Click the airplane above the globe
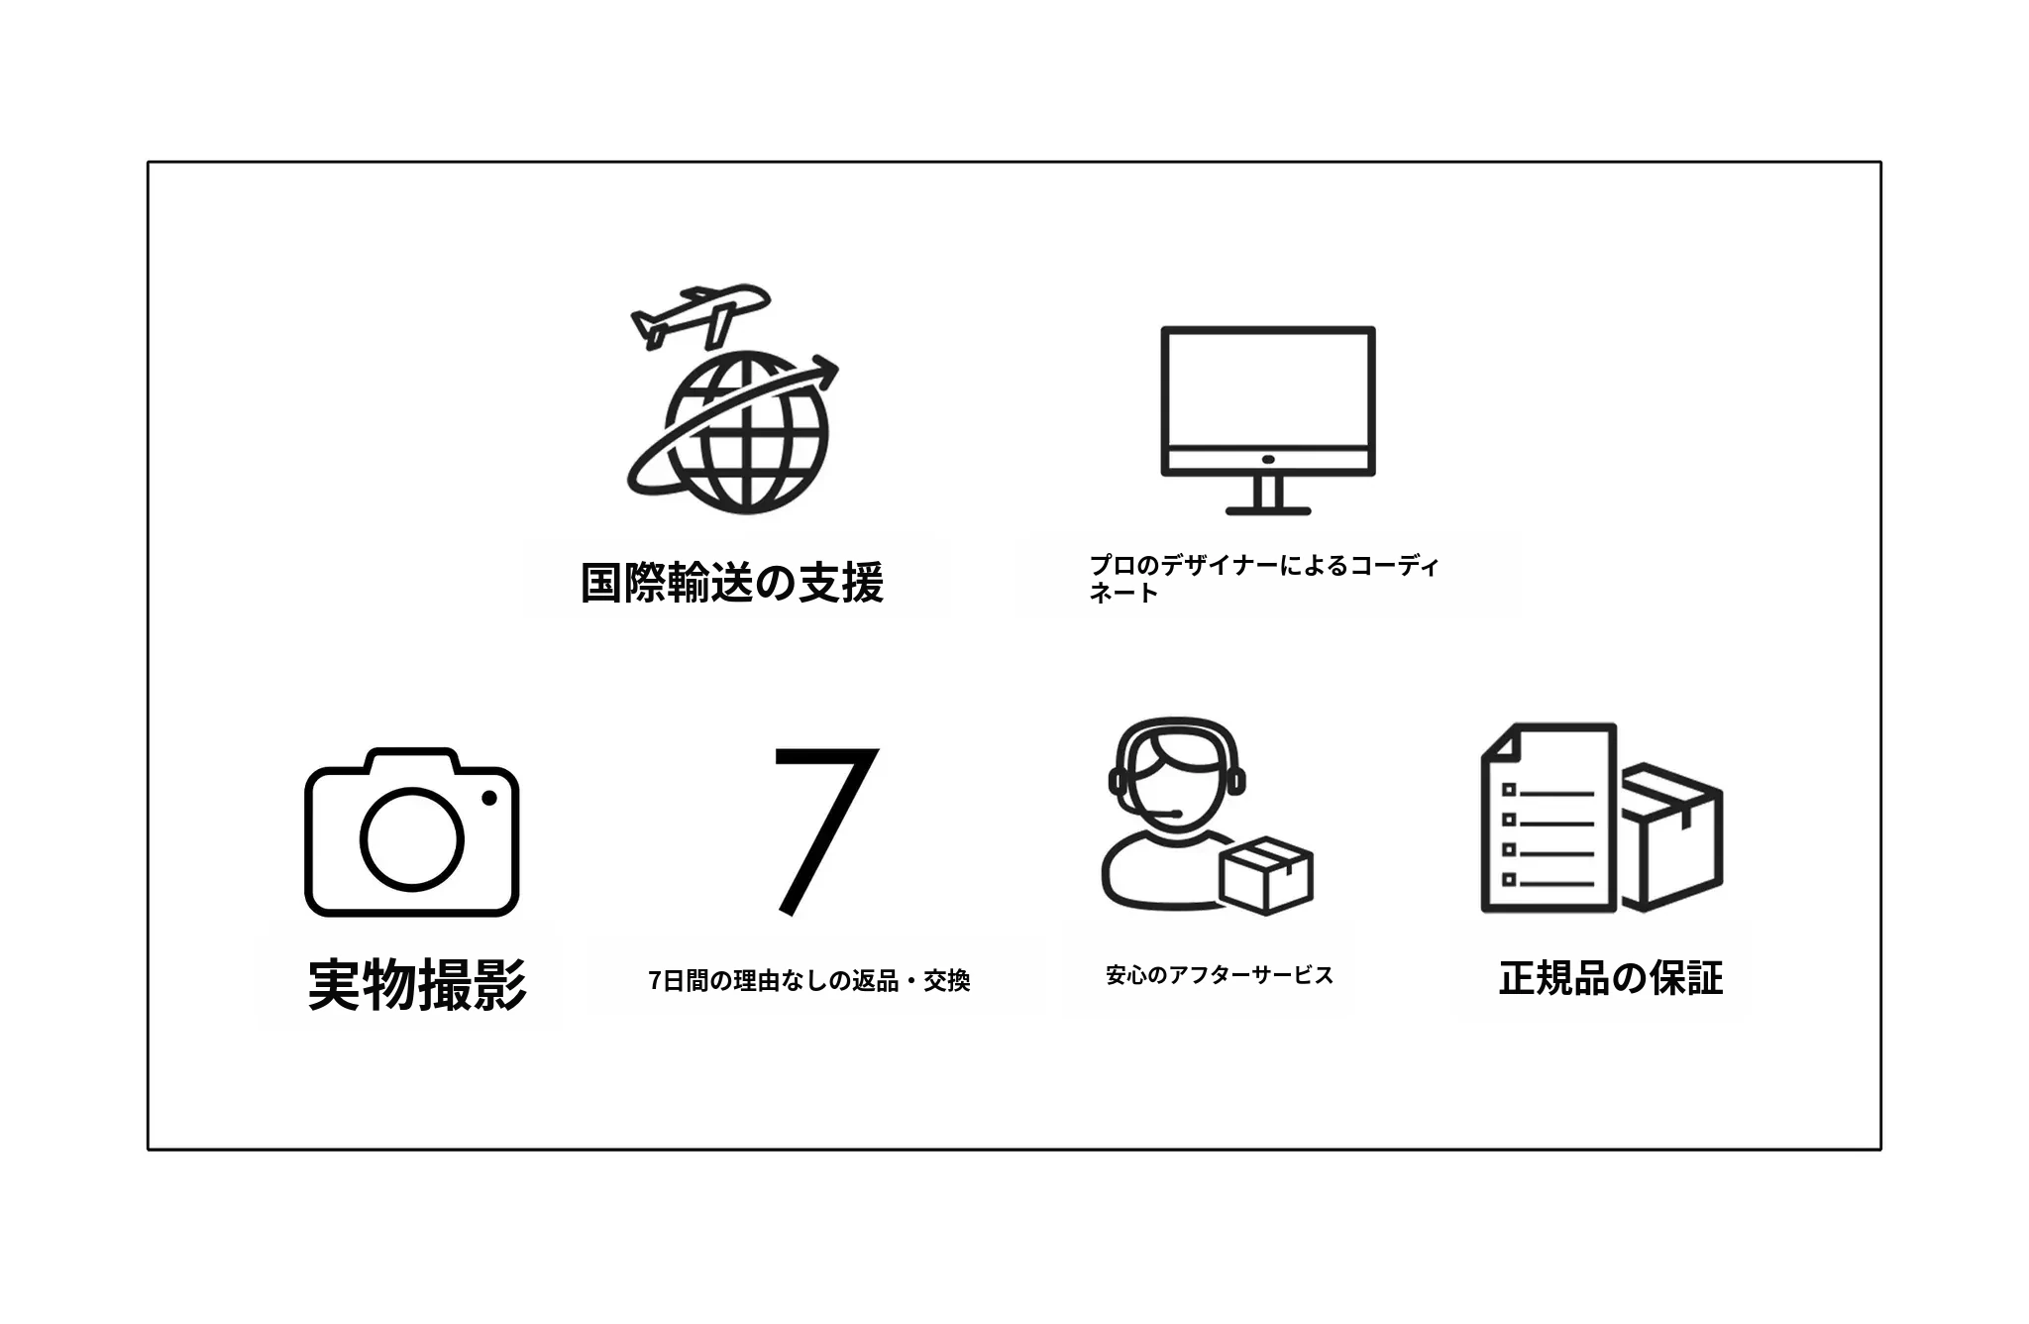(x=699, y=315)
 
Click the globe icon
(x=746, y=432)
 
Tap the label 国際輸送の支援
(x=731, y=582)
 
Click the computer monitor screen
(x=1268, y=390)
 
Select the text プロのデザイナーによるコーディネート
(x=1263, y=579)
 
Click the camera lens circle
(x=411, y=838)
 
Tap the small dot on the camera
(x=488, y=798)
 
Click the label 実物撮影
(x=417, y=984)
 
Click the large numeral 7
(x=824, y=830)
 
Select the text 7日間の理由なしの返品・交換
(x=809, y=980)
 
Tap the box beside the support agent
(x=1266, y=874)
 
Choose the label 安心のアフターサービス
(x=1220, y=975)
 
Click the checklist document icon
(x=1548, y=817)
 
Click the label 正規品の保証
(x=1611, y=978)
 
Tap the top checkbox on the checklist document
(x=1509, y=790)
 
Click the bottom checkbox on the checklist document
(x=1509, y=879)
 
